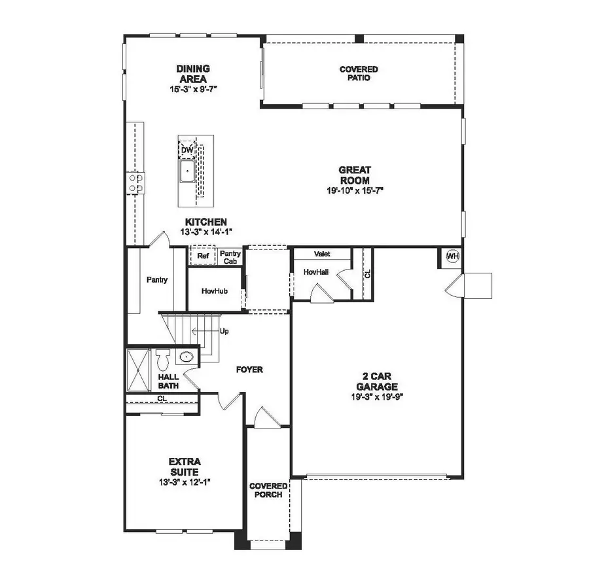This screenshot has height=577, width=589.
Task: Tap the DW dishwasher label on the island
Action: point(187,150)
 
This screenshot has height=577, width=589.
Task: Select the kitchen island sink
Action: point(187,171)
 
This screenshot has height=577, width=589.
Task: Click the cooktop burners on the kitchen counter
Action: point(135,182)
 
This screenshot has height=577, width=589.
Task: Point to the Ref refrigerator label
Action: point(203,256)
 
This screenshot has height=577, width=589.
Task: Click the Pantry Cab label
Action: point(230,257)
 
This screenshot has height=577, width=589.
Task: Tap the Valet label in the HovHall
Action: point(321,254)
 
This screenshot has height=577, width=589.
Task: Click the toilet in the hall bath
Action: point(163,358)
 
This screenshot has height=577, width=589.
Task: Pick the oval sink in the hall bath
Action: point(187,357)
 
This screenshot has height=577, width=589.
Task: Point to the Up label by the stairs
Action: point(224,331)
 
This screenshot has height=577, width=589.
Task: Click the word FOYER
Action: point(249,370)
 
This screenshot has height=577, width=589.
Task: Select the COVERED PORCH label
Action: point(268,490)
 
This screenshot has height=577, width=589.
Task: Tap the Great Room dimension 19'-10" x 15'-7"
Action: point(354,190)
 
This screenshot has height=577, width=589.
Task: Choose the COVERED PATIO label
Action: point(358,73)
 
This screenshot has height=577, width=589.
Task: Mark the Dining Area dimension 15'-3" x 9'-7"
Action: point(192,87)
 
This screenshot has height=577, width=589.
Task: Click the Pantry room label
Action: point(157,280)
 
